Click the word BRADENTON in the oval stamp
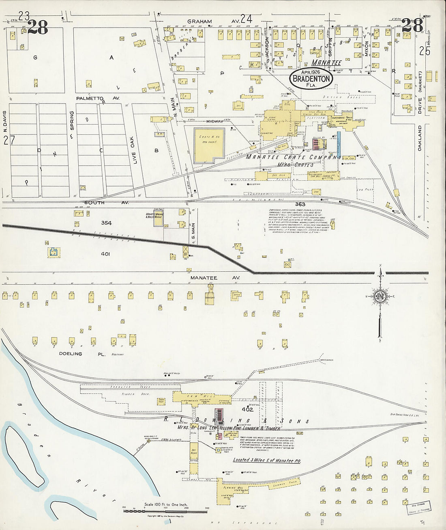(311, 79)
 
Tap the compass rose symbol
(380, 296)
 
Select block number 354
(106, 223)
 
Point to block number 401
(105, 254)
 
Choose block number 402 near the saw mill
(247, 409)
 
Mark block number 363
(300, 204)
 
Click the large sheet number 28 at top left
(38, 27)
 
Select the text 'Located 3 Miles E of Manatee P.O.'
(269, 460)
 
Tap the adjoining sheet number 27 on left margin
(9, 141)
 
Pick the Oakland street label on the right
(420, 138)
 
